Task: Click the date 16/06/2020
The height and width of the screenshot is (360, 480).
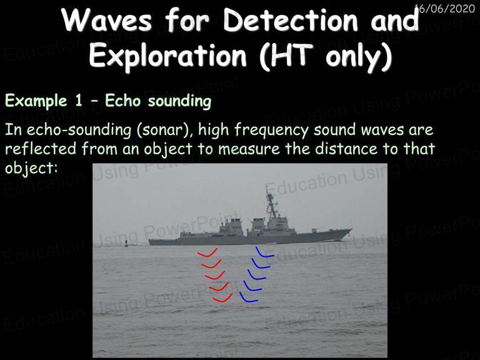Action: [446, 8]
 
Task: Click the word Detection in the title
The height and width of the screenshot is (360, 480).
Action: [291, 20]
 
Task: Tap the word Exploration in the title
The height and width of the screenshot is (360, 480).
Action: [167, 55]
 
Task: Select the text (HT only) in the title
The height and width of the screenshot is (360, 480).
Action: [326, 56]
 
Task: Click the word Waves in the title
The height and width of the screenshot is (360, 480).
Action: [107, 20]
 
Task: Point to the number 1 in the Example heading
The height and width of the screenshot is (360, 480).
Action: [79, 101]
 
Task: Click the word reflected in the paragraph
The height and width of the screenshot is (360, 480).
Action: [41, 149]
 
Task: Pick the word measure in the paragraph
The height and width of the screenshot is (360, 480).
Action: [249, 149]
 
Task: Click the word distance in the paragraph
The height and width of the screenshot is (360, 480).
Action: [346, 149]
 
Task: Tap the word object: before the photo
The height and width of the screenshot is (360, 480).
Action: [31, 168]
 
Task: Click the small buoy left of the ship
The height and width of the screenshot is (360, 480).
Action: [126, 244]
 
